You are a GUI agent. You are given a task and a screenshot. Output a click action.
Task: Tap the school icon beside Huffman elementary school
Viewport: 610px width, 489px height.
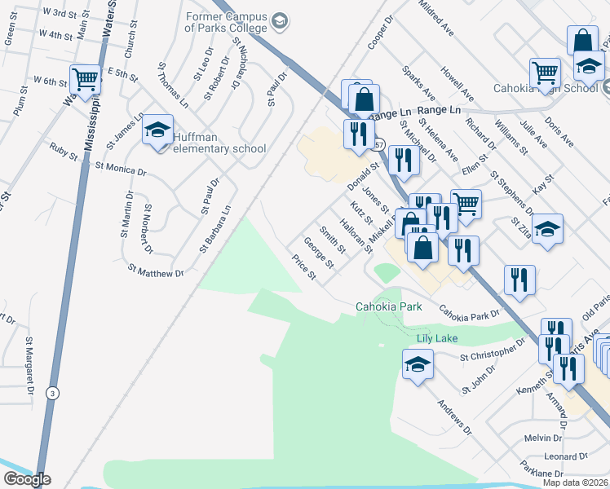tap(157, 130)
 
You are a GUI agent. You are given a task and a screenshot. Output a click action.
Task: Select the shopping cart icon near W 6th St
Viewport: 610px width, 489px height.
tap(85, 79)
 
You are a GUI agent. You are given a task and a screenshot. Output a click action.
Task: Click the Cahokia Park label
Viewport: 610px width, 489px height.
tap(388, 306)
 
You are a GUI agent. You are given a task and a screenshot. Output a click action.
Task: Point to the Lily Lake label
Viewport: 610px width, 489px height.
tap(437, 337)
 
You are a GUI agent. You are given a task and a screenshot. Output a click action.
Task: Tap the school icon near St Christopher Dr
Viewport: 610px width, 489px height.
tap(418, 363)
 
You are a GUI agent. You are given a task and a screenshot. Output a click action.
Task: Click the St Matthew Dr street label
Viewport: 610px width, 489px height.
tap(155, 270)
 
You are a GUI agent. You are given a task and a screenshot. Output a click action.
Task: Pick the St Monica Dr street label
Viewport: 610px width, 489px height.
tap(121, 169)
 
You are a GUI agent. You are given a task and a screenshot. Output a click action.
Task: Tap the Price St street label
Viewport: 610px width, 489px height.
tap(304, 267)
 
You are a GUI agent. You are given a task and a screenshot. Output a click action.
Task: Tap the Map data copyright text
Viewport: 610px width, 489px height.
tap(576, 482)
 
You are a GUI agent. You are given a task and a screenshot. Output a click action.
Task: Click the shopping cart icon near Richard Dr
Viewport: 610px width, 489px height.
tap(465, 204)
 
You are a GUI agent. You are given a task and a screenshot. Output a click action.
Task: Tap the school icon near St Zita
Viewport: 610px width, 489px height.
tap(548, 228)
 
